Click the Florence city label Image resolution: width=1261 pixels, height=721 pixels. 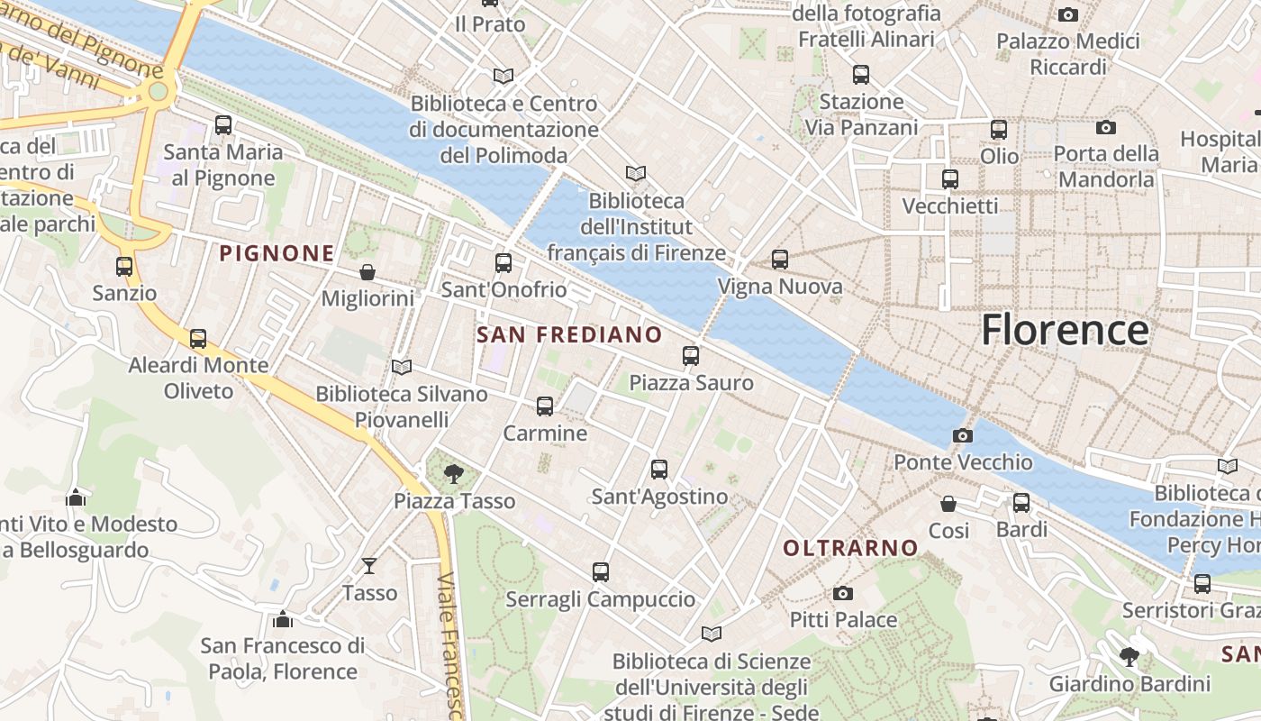1064,330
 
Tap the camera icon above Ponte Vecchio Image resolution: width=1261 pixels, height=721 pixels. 962,436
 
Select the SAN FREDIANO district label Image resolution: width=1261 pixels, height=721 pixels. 569,335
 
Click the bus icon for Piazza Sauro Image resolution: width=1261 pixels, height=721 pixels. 691,356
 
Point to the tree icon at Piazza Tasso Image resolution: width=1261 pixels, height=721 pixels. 454,473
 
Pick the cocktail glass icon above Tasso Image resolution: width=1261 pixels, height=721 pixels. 369,566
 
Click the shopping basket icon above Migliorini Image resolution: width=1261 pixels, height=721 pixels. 367,272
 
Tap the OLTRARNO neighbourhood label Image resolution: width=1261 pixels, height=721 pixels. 850,548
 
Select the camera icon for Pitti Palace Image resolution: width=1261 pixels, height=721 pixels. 843,593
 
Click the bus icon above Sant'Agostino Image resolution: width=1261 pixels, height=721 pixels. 659,470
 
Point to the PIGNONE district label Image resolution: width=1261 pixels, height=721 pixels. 277,253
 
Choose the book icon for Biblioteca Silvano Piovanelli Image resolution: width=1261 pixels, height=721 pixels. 402,367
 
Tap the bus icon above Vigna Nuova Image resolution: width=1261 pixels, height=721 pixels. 780,260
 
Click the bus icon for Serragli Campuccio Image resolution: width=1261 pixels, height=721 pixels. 601,572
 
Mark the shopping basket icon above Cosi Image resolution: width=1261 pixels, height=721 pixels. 948,504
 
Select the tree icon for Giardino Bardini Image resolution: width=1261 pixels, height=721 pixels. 1129,656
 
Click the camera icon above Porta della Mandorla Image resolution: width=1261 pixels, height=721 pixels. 1106,128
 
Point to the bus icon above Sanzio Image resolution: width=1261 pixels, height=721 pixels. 124,267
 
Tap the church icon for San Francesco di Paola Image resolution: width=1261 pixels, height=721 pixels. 283,619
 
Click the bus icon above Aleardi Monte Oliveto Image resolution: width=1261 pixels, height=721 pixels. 198,339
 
